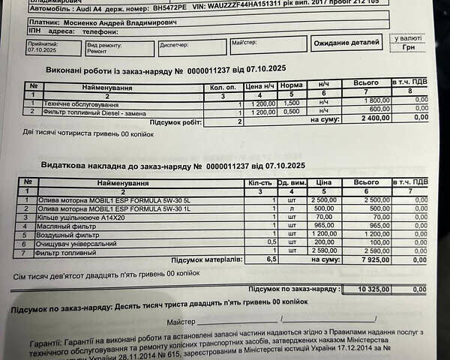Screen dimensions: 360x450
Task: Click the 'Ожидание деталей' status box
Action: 346,44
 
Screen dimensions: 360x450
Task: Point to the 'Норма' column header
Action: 291,86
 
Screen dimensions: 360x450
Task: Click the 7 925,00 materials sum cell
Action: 367,260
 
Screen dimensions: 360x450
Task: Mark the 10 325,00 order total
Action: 367,289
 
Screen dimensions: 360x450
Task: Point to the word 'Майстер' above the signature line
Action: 181,321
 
